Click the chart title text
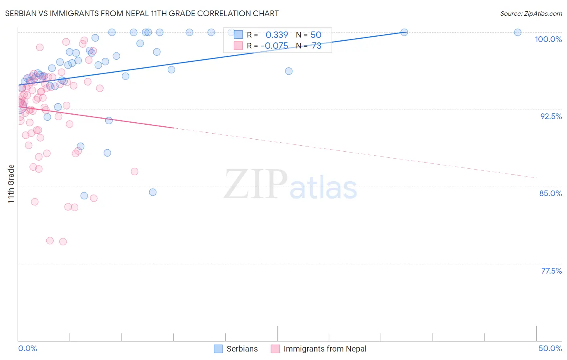142,13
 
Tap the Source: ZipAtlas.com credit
531,13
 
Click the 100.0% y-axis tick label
548,39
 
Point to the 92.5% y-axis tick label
551,116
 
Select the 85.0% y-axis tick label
550,193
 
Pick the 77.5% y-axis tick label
551,271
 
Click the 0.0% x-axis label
27,348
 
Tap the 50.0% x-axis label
550,348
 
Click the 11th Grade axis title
11,184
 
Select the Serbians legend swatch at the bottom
218,349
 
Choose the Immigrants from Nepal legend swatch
275,349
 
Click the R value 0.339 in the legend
277,35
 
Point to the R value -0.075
274,46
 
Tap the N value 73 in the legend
317,46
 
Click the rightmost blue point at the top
517,32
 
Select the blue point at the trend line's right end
404,32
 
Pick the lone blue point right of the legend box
289,71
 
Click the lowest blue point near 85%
152,192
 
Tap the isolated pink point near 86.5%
135,172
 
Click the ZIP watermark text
256,184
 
